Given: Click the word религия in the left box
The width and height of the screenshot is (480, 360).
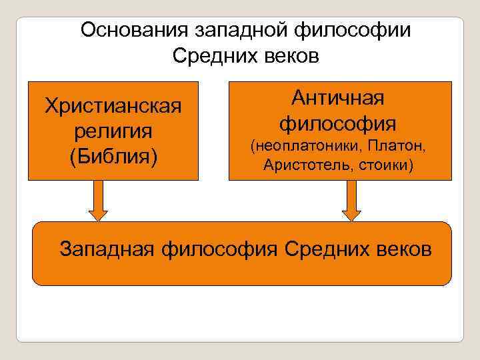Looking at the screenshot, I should (113, 131).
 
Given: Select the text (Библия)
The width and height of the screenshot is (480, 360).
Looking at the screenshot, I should (113, 157).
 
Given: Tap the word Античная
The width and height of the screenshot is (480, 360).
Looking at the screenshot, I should (339, 98).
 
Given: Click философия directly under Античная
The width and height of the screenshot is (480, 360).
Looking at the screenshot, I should (339, 123).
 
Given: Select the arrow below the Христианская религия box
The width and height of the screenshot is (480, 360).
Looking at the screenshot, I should (99, 201).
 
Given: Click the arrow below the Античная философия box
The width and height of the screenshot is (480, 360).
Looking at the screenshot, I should (351, 201).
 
